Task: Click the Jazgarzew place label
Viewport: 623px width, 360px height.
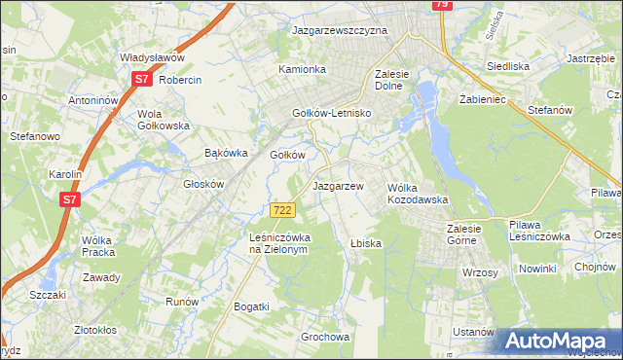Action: (x=338, y=185)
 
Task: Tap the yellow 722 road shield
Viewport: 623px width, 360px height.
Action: (x=281, y=210)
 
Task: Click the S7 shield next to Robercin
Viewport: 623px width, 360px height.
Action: (x=141, y=80)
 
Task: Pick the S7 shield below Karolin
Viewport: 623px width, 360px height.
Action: (x=68, y=199)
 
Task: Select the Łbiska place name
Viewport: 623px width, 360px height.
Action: (x=365, y=243)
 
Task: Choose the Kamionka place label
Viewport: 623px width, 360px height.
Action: (x=302, y=70)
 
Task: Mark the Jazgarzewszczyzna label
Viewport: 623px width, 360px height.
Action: (x=341, y=30)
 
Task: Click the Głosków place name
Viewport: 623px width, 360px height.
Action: (x=204, y=184)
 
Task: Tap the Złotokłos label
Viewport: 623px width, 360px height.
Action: (x=103, y=330)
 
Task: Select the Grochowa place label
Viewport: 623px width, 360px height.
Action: (x=325, y=338)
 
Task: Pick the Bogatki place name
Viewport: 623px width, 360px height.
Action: (x=251, y=306)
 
